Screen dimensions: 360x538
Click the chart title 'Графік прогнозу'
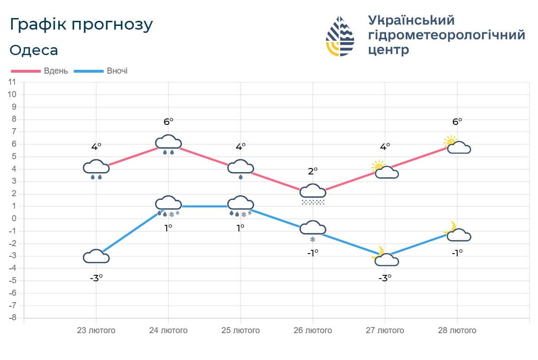click(x=81, y=25)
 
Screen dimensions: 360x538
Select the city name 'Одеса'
click(x=34, y=50)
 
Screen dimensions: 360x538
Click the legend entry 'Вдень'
click(x=56, y=71)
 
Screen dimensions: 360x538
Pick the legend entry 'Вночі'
click(x=117, y=71)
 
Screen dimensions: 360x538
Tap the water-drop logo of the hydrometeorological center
click(x=340, y=36)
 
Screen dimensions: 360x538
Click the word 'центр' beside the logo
click(x=388, y=50)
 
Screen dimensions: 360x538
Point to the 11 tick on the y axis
click(x=13, y=82)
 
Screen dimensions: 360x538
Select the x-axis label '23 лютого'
click(x=96, y=330)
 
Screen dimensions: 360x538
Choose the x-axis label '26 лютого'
click(x=313, y=330)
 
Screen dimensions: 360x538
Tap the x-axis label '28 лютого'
click(x=457, y=330)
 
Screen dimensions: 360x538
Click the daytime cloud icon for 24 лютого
click(x=168, y=143)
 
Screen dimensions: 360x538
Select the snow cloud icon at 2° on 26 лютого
click(x=313, y=193)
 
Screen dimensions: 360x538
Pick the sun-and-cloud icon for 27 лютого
click(x=385, y=170)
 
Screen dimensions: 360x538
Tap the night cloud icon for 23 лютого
click(x=96, y=256)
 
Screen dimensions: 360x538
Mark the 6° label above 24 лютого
click(x=168, y=121)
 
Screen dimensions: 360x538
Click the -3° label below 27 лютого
click(x=385, y=278)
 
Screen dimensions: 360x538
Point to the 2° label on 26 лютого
click(x=313, y=171)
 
